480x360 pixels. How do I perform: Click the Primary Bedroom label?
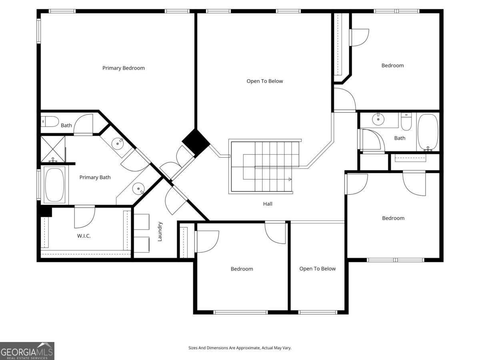tap(124, 68)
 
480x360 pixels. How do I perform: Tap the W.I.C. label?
tap(84, 236)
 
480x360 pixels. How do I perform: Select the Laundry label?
tap(160, 232)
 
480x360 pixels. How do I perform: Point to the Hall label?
tap(268, 204)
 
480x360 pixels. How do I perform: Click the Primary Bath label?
tap(95, 177)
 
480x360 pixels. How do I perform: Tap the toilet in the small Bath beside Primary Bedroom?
tap(50, 122)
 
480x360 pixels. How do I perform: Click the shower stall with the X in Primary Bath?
tap(53, 149)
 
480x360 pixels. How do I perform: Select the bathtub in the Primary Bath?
tap(55, 185)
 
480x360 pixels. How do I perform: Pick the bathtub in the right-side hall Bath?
tap(428, 132)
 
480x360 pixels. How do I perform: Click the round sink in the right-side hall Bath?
tap(378, 119)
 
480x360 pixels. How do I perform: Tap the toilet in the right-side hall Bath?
tap(406, 122)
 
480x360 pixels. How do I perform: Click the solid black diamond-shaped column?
tap(196, 142)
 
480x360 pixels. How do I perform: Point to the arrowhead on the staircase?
tap(290, 179)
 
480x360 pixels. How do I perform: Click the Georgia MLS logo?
tap(27, 351)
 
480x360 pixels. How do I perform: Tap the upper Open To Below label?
tap(265, 81)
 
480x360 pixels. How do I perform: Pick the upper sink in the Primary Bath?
tap(118, 144)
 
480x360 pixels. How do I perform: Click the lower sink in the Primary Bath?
tap(138, 189)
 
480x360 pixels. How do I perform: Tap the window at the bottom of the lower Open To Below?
tap(318, 312)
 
